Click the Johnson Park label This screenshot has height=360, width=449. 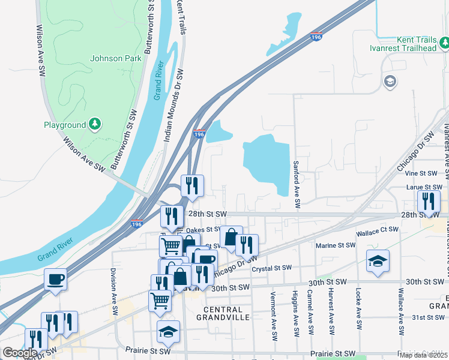(x=116, y=58)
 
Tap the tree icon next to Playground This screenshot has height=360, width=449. (x=95, y=124)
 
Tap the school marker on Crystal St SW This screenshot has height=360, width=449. (x=378, y=261)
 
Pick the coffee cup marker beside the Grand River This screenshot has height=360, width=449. (x=56, y=280)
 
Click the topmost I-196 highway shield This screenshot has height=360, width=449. (x=316, y=37)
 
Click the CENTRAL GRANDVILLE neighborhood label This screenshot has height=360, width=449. (x=223, y=313)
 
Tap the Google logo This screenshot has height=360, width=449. (x=20, y=353)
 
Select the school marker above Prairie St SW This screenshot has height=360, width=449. (x=168, y=331)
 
